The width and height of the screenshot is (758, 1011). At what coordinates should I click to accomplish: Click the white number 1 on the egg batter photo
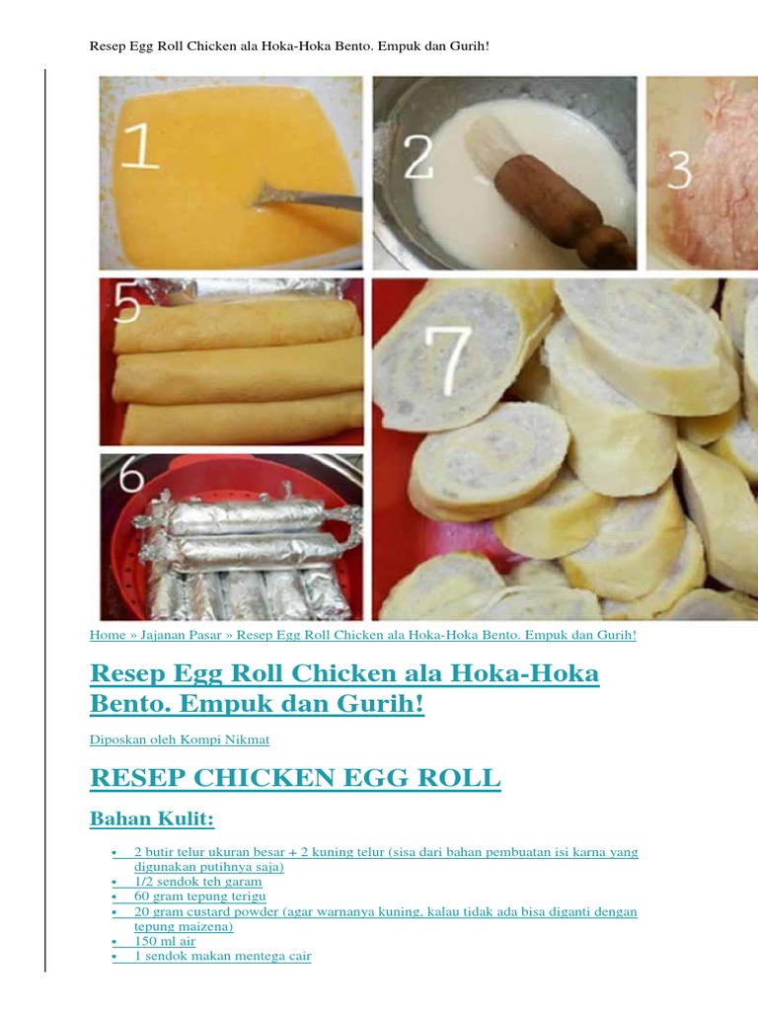coord(140,146)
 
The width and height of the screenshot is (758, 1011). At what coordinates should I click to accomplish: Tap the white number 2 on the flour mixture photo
coord(418,157)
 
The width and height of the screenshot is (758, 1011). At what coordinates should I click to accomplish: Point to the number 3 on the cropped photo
coord(679,170)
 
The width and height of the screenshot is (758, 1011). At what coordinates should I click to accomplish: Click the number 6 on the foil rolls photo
coord(131,477)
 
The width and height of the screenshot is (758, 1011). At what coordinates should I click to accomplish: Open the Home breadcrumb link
coord(108,635)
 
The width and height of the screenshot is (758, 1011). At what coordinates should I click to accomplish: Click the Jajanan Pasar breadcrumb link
coord(181,635)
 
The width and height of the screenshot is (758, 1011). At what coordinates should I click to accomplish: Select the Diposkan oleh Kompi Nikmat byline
coord(180,739)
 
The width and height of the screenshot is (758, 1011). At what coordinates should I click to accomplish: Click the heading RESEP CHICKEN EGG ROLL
coord(295,778)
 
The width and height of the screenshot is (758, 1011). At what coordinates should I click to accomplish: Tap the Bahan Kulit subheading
coord(151,818)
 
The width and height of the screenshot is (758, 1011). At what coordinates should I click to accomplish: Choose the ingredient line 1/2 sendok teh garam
coord(197,882)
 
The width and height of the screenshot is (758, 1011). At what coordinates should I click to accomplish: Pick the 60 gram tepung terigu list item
coord(199,896)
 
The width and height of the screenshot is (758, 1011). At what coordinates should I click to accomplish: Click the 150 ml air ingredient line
coord(165,941)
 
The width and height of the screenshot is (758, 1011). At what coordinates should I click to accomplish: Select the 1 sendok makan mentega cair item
coord(222,956)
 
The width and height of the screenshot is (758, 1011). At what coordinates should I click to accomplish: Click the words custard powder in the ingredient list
coord(250,912)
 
